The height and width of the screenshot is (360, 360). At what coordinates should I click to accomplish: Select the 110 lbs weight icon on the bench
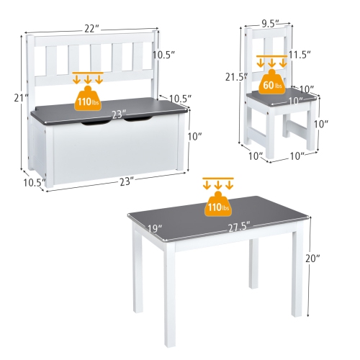coord(89,100)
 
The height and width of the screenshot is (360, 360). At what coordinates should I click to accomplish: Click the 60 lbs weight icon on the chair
coord(271,84)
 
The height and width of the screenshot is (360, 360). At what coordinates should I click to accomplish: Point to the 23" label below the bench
coord(127,181)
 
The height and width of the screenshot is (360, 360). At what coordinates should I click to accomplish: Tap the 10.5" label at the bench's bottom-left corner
coord(29,181)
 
